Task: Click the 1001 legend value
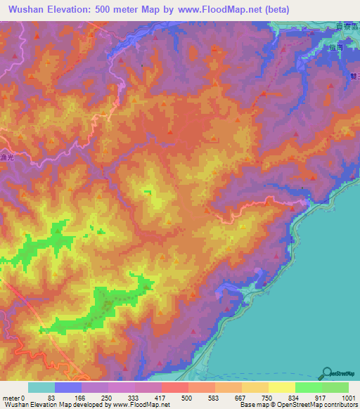coord(348,397)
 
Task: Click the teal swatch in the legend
coord(41,387)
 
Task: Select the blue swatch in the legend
coord(68,387)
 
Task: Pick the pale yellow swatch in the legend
coord(282,387)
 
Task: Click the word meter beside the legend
coord(12,397)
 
